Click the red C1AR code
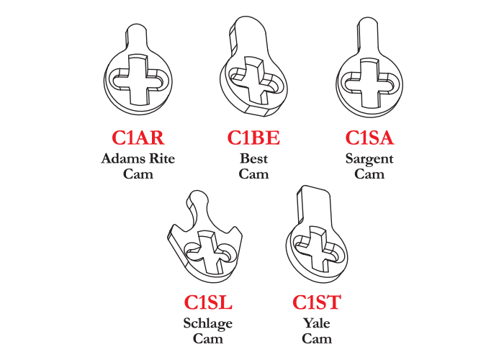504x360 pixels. click(x=138, y=138)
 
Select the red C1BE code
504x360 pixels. click(x=253, y=138)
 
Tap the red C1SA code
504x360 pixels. click(x=369, y=138)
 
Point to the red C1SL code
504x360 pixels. click(x=208, y=302)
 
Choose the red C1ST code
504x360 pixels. click(x=317, y=302)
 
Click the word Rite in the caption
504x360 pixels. click(x=163, y=158)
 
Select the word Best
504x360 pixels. click(x=253, y=158)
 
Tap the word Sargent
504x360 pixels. click(x=369, y=159)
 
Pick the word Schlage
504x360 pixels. click(x=208, y=324)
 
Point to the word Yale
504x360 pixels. click(x=317, y=323)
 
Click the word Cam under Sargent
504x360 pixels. click(x=369, y=174)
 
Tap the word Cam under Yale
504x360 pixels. click(x=317, y=339)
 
